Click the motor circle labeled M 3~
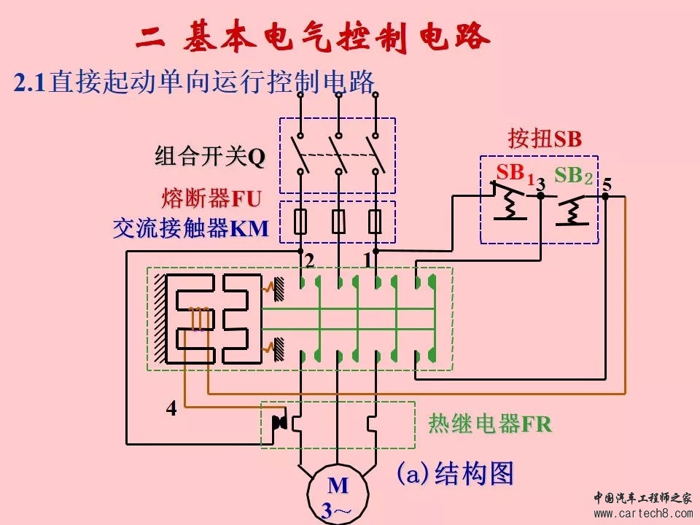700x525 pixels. click(x=338, y=494)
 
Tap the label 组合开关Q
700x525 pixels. click(x=210, y=157)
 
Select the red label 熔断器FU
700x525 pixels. click(x=211, y=198)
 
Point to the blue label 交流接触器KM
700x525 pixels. click(x=191, y=230)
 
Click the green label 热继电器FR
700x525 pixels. click(x=489, y=424)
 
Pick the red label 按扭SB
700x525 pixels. click(x=545, y=139)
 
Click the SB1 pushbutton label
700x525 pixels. click(x=515, y=174)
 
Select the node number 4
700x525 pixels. click(x=171, y=409)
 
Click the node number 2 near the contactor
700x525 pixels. click(x=310, y=260)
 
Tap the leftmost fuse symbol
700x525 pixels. click(x=300, y=222)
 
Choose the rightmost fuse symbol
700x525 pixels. click(x=376, y=222)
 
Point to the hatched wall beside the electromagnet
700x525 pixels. click(x=158, y=319)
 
